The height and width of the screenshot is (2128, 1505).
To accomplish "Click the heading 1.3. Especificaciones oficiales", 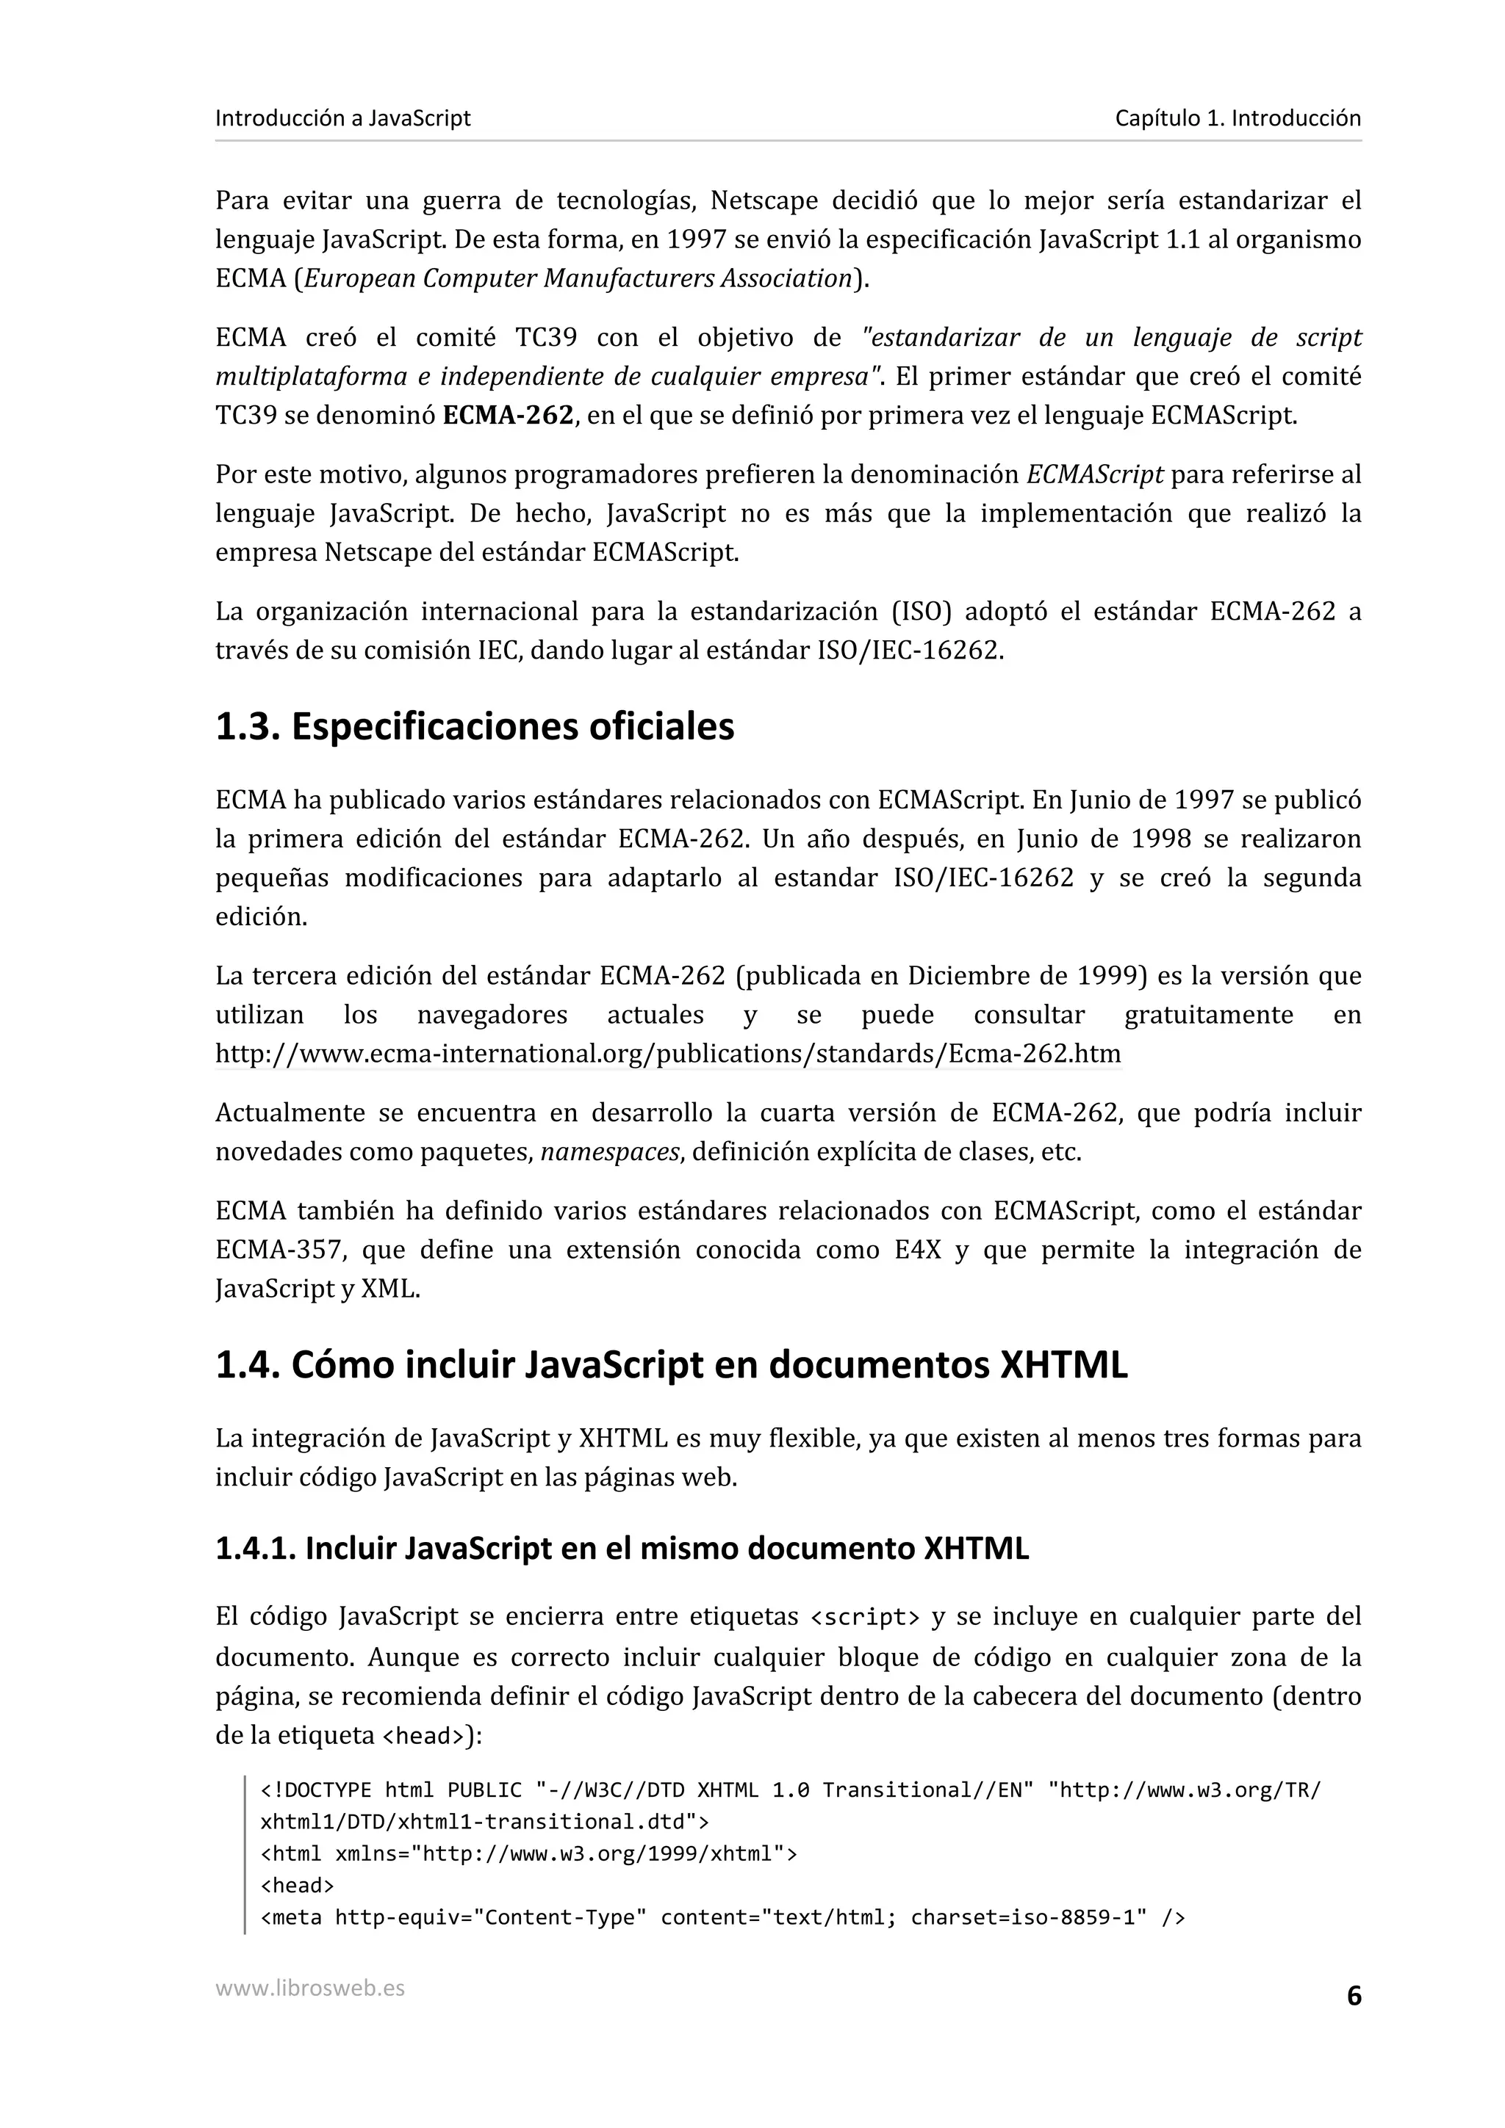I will coord(474,727).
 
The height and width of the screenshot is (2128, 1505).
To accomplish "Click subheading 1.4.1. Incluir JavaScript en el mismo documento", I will coord(621,1549).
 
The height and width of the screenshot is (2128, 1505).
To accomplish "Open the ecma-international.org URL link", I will coord(668,1054).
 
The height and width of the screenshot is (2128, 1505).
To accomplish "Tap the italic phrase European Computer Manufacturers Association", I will coord(577,278).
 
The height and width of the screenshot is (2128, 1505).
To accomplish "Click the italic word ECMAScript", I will coord(1093,474).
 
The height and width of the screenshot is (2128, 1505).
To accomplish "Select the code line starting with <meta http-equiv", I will coord(722,1917).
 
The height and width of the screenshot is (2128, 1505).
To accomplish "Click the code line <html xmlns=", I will coord(528,1853).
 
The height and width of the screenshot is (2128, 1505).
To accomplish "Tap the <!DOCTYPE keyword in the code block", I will coord(316,1789).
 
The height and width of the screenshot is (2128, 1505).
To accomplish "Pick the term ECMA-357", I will coord(280,1251).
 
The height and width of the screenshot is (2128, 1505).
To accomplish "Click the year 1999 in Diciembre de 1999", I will coord(1107,976).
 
